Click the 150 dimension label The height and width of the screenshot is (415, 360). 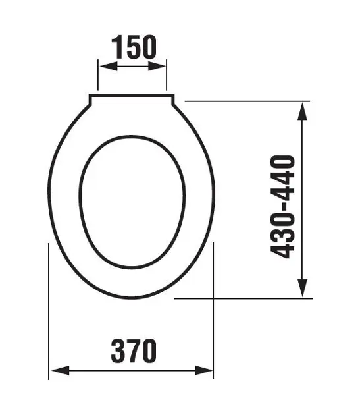point(134,47)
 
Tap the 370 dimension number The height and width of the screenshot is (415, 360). point(134,350)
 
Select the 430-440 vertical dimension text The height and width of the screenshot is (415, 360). point(283,207)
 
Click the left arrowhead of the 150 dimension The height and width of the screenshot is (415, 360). point(108,66)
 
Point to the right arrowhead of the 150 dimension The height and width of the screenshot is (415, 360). point(157,66)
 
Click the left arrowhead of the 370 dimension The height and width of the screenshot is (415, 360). point(60,370)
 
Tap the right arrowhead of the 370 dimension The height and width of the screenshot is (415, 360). point(203,370)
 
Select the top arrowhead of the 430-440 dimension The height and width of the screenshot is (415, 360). point(302,111)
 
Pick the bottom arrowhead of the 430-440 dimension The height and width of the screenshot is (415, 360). point(302,288)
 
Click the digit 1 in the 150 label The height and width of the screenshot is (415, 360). point(118,47)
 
